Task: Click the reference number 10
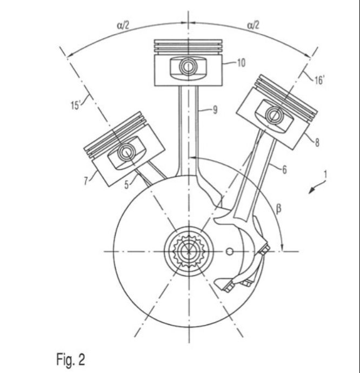[x=241, y=63]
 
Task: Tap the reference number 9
[x=215, y=110]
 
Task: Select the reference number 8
[x=317, y=143]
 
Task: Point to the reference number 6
[x=284, y=170]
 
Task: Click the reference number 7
[x=86, y=181]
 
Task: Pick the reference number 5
[x=127, y=184]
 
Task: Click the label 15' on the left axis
[x=76, y=105]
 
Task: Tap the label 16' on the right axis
[x=319, y=80]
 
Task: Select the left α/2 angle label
[x=123, y=25]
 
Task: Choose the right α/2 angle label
[x=253, y=25]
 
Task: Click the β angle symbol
[x=278, y=209]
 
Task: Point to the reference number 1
[x=325, y=174]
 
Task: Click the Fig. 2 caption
[x=71, y=359]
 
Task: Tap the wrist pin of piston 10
[x=188, y=67]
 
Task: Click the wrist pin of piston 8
[x=275, y=115]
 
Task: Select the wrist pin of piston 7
[x=125, y=151]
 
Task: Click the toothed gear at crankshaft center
[x=189, y=251]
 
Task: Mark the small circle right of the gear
[x=229, y=251]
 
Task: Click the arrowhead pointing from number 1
[x=311, y=191]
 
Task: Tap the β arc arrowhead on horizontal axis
[x=282, y=248]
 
